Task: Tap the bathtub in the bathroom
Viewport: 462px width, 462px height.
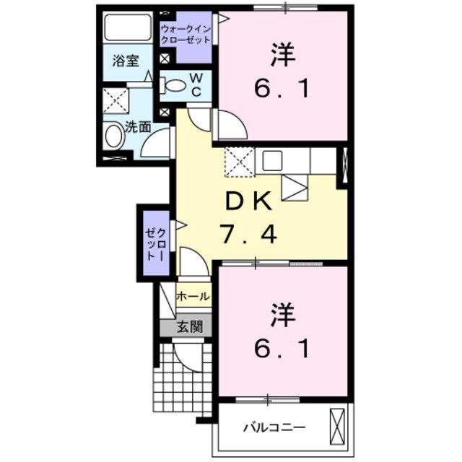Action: pos(128,27)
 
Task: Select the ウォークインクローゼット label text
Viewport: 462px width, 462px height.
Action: pos(186,34)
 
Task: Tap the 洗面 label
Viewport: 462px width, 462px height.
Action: pos(138,127)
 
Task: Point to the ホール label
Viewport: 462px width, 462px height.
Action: pos(193,296)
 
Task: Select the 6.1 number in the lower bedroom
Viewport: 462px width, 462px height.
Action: pos(282,349)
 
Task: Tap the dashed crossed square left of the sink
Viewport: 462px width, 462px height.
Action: pos(237,161)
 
